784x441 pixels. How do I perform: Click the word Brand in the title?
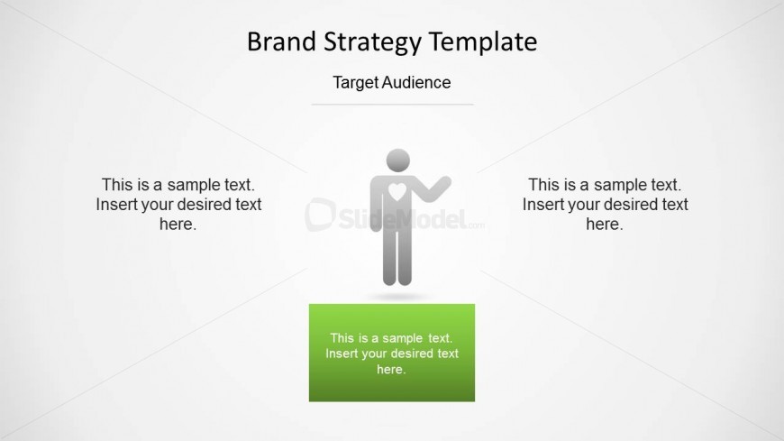(x=281, y=41)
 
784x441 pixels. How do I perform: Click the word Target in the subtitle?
(x=353, y=83)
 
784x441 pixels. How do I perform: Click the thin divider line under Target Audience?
(x=393, y=105)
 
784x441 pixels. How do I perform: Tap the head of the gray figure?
(x=398, y=161)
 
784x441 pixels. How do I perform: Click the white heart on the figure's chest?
(x=397, y=192)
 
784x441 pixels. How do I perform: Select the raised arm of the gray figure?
(x=433, y=188)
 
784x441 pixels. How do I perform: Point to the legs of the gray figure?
(x=397, y=258)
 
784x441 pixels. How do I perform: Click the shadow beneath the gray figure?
(x=398, y=297)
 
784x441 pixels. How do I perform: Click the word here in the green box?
(x=390, y=370)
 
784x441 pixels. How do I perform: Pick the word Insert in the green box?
(x=341, y=354)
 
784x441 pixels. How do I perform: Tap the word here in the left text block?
(x=177, y=225)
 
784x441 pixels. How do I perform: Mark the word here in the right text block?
(x=604, y=225)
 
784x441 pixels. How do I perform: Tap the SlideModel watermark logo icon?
(x=320, y=215)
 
